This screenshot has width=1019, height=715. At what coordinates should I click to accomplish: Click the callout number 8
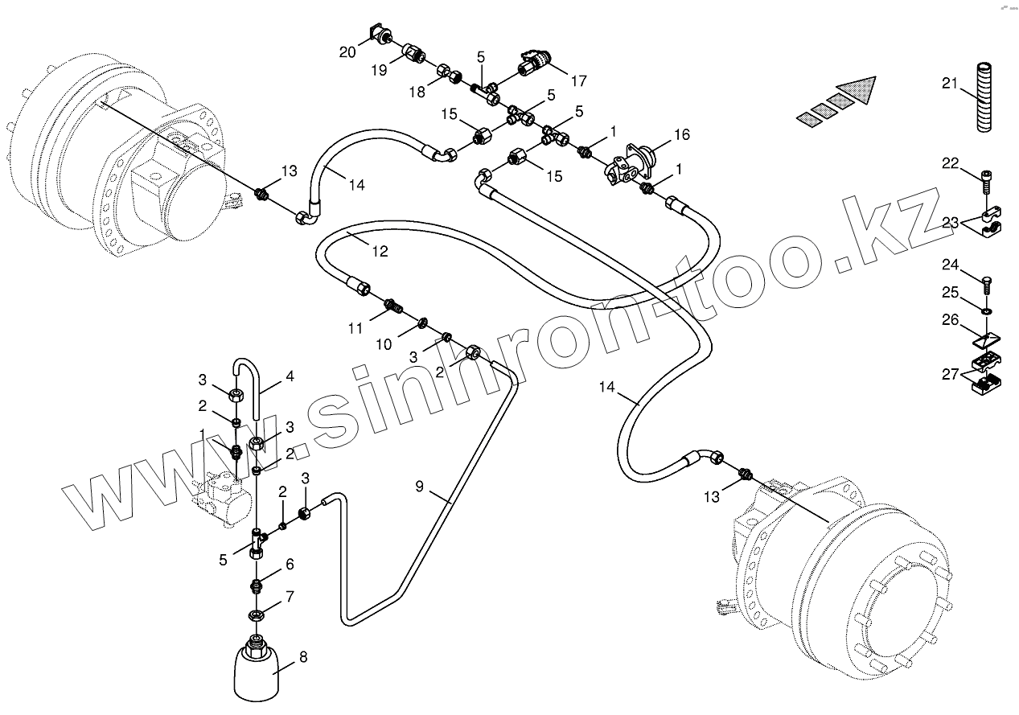coord(302,656)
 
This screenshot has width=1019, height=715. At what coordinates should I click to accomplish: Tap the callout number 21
coord(950,84)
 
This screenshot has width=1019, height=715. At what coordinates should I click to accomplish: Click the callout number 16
coord(681,134)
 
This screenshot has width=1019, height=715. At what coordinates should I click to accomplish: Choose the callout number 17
coord(578,80)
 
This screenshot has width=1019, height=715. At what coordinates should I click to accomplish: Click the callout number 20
coord(347,52)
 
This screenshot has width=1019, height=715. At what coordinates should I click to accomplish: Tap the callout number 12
coord(380,251)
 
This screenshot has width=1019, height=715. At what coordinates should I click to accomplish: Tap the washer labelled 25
coord(988,309)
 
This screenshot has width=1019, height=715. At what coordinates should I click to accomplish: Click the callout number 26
coord(951,320)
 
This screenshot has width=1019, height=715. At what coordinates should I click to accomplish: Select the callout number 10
coord(384,344)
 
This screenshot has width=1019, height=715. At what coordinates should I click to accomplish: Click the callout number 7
coord(290,597)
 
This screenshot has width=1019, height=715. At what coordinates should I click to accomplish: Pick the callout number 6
coord(290,565)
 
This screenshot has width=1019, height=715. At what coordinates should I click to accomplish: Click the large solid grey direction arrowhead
coord(857,88)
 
